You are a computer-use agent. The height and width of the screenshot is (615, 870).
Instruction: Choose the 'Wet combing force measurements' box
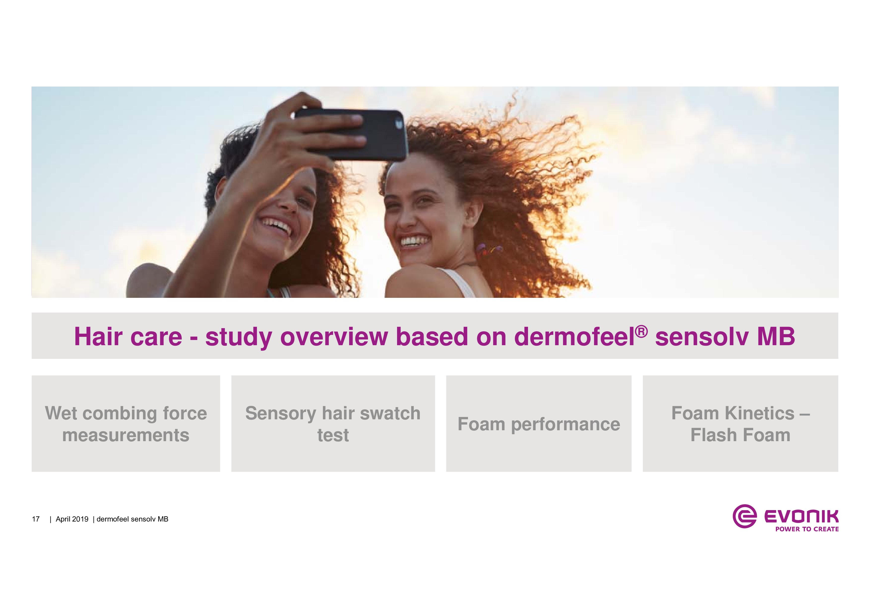(126, 424)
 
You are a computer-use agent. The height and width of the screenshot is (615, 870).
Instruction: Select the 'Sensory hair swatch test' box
(333, 424)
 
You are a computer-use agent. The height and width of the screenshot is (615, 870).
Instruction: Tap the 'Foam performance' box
(539, 424)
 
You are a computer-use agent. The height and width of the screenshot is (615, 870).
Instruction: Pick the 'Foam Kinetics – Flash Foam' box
(740, 424)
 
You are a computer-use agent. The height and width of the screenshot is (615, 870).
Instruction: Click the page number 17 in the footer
(36, 519)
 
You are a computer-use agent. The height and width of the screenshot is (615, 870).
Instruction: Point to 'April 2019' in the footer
(72, 519)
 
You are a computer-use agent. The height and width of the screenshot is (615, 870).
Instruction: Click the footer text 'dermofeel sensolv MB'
(132, 519)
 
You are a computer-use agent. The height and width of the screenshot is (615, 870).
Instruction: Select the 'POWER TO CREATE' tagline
(807, 529)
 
